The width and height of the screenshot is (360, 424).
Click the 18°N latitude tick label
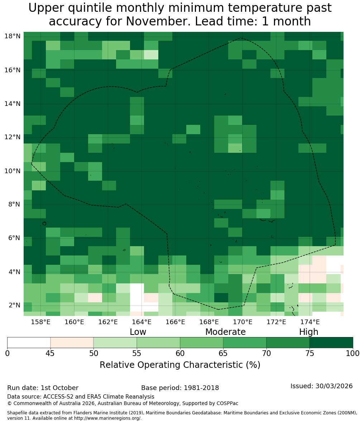click(x=13, y=36)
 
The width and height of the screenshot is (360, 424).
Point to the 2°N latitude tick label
click(x=14, y=305)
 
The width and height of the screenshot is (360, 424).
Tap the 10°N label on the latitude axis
click(x=13, y=171)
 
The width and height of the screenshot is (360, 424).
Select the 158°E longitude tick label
click(x=41, y=322)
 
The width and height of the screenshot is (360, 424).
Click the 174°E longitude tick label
click(x=311, y=322)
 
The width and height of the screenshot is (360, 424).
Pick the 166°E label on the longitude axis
click(x=176, y=322)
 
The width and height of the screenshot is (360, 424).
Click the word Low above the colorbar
click(x=138, y=332)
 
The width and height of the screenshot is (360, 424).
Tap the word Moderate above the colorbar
click(x=225, y=332)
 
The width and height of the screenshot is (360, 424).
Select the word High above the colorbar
click(x=308, y=332)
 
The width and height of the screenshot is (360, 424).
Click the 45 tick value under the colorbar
click(x=51, y=353)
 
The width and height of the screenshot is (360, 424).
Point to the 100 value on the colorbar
click(x=353, y=353)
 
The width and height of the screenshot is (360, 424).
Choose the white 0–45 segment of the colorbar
click(x=29, y=342)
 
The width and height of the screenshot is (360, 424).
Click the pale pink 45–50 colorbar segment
click(x=72, y=342)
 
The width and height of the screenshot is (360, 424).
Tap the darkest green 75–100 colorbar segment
click(x=331, y=342)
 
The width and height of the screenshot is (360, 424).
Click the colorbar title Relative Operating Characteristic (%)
click(x=180, y=365)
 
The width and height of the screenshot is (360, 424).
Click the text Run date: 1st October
click(x=43, y=388)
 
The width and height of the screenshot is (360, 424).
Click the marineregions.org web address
click(x=107, y=418)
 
